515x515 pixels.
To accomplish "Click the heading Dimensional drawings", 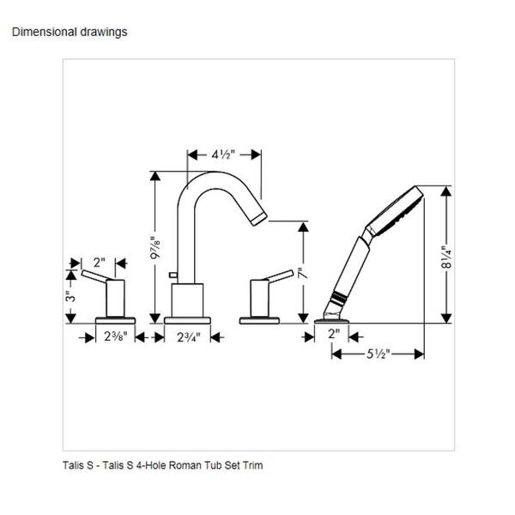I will click(x=69, y=32).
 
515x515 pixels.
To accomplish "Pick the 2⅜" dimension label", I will click(x=115, y=337).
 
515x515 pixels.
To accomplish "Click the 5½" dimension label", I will click(x=378, y=353).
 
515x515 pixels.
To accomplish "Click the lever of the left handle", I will click(x=96, y=277).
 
